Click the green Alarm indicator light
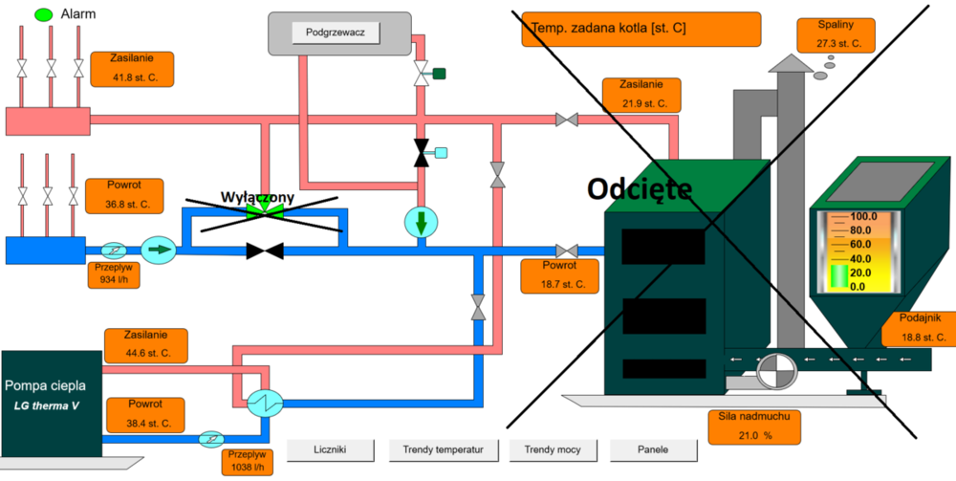tap(44, 15)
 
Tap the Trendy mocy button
tap(552, 448)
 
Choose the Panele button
tap(653, 448)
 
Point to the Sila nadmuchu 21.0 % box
tap(754, 427)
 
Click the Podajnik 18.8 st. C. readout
tap(920, 328)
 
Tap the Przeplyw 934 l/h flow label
tap(112, 274)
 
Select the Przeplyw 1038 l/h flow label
tap(248, 461)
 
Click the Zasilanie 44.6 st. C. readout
tap(145, 343)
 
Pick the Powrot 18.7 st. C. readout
tap(557, 275)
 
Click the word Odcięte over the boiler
tap(640, 188)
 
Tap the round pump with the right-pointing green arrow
tap(159, 250)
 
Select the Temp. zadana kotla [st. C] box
tap(641, 29)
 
